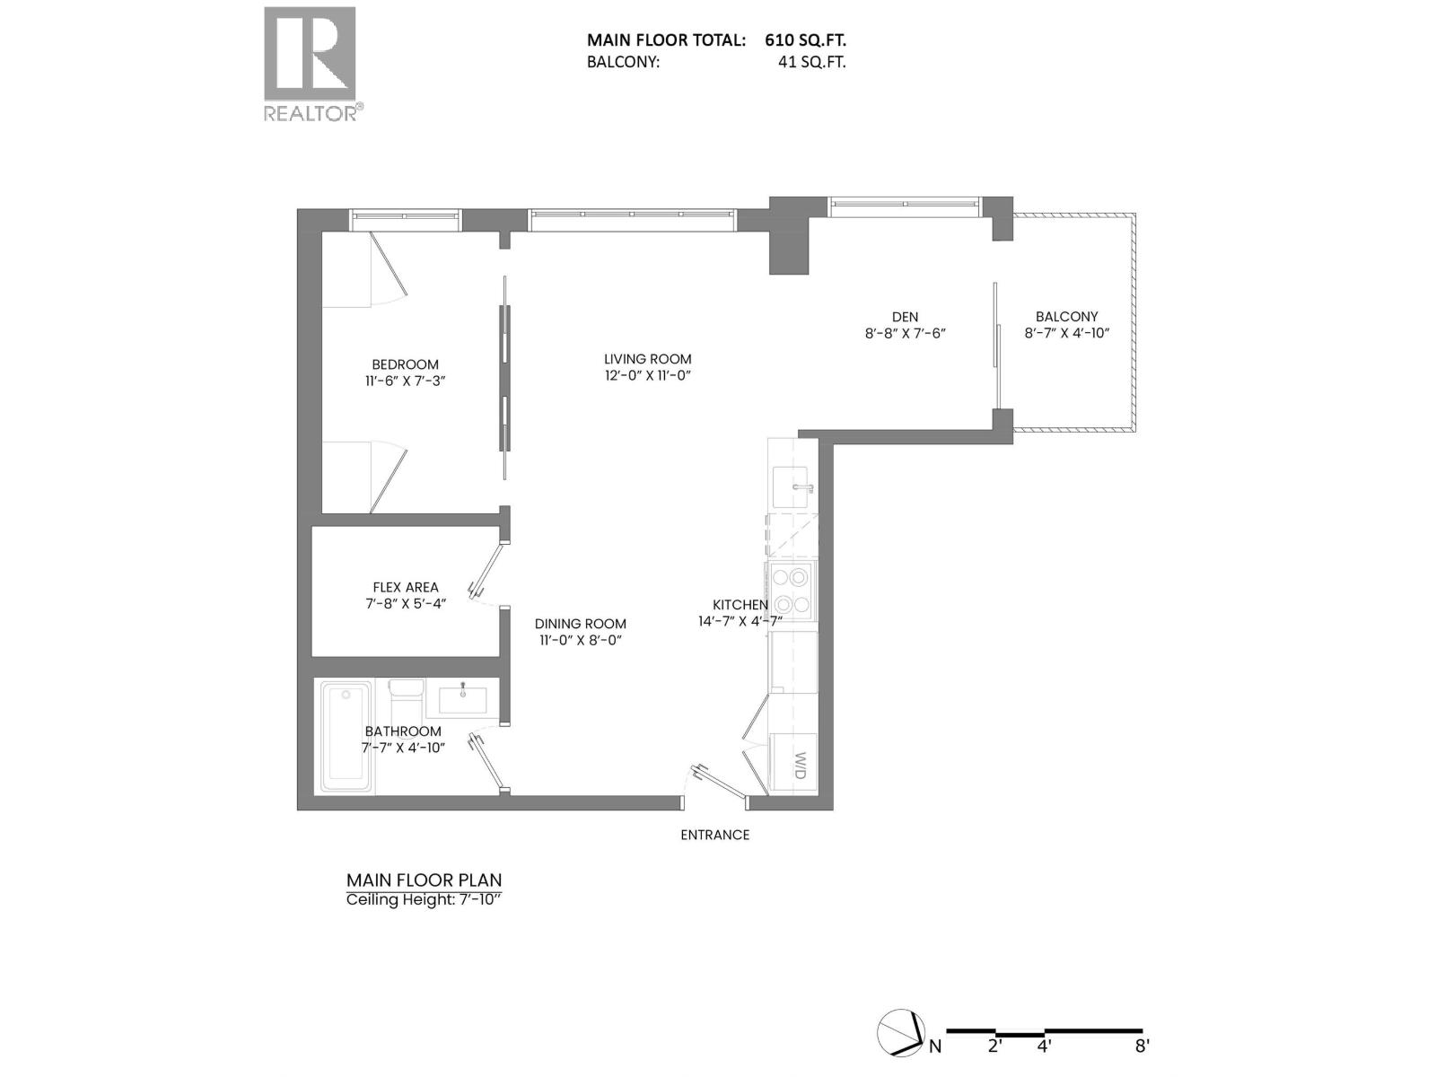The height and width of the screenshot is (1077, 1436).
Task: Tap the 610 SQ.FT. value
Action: (x=805, y=39)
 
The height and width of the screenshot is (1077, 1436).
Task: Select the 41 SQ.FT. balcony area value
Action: (x=811, y=62)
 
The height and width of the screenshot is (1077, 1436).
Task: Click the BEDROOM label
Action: (x=406, y=364)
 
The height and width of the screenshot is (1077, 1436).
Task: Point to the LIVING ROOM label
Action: (x=648, y=359)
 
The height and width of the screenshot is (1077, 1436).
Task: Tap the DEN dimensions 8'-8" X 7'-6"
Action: (x=905, y=333)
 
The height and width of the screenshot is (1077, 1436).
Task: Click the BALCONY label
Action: (x=1066, y=316)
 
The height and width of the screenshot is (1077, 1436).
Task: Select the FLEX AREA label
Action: (x=406, y=587)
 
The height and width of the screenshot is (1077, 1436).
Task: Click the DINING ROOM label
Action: (x=581, y=624)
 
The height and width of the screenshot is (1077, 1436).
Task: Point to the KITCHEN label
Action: (x=740, y=605)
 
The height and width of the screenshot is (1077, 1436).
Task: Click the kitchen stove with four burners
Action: (x=791, y=591)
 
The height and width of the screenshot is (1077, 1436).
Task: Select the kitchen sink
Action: (x=792, y=486)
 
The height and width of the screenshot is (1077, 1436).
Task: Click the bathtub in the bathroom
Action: (x=346, y=737)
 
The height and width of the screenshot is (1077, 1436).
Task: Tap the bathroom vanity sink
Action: (x=463, y=697)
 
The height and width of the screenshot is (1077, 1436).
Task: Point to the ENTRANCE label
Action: (x=714, y=835)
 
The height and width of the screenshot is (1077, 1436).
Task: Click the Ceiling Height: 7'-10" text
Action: (x=423, y=899)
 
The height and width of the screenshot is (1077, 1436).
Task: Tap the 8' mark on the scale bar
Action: (x=1142, y=1046)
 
